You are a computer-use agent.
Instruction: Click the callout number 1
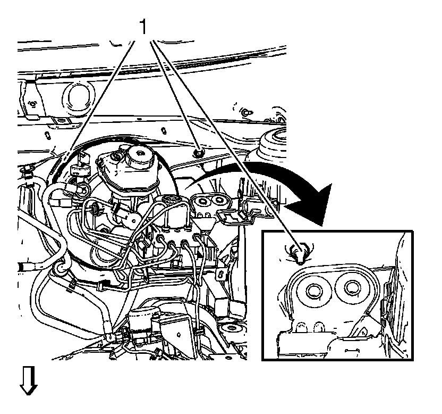coord(142,26)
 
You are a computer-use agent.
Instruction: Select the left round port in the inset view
coord(311,291)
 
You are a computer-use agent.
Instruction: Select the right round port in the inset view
coord(351,288)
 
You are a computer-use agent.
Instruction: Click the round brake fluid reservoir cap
coord(140,154)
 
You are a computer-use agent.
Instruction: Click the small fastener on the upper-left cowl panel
coord(33,103)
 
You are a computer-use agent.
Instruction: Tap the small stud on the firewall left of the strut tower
coord(245,113)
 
